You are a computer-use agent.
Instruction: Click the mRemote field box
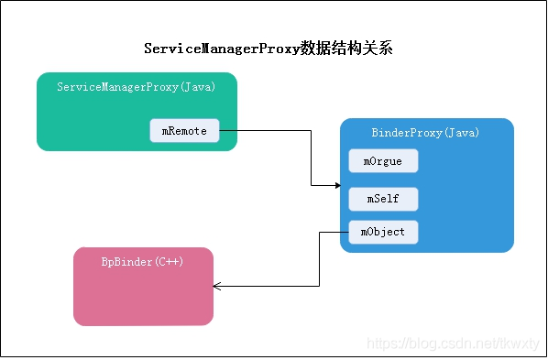click(184, 131)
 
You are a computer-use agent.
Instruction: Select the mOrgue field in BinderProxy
click(382, 160)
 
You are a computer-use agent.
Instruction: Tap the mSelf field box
click(382, 198)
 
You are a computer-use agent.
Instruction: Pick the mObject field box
click(382, 232)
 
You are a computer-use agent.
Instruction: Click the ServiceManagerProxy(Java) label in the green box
click(136, 87)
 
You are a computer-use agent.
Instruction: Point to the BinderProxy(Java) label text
click(425, 133)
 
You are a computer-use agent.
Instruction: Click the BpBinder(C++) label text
click(142, 261)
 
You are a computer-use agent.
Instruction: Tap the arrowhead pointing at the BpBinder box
click(217, 287)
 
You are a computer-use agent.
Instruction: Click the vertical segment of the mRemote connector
click(312, 158)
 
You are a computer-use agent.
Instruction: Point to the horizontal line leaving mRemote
click(266, 131)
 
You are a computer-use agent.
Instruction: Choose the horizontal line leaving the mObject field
click(333, 232)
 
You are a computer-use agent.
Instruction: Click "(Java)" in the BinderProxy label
click(459, 133)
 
